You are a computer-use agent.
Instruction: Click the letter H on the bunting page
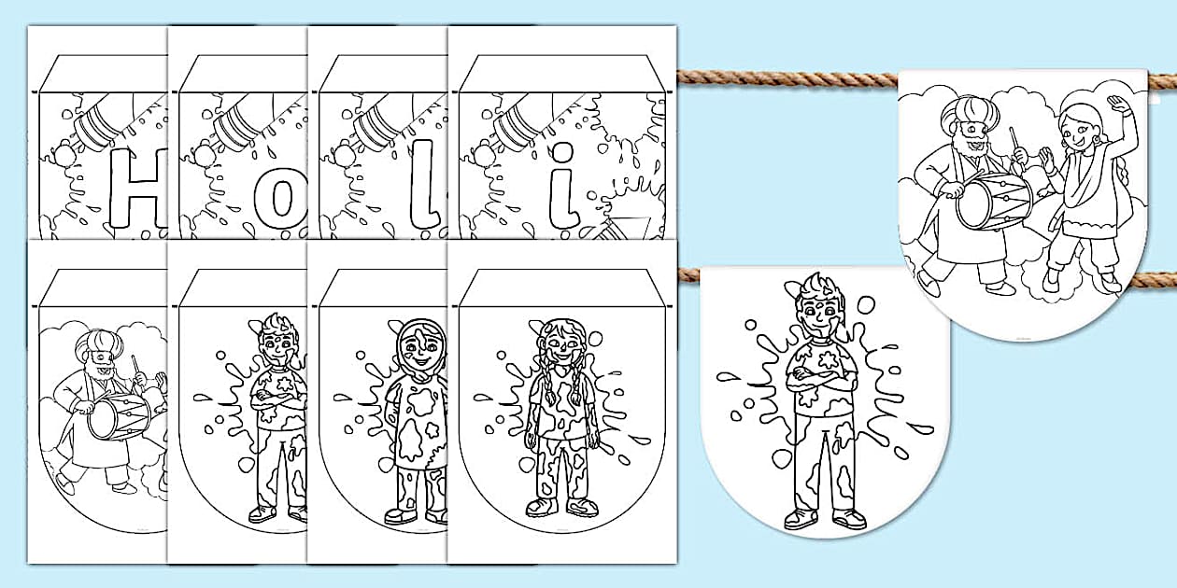(x=138, y=189)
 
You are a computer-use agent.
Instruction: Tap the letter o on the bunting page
(x=280, y=198)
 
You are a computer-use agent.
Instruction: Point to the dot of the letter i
(x=562, y=152)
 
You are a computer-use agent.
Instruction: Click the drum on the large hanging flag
(x=993, y=203)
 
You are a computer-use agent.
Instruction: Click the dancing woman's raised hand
(x=1117, y=105)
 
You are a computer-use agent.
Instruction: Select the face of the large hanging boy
(x=816, y=317)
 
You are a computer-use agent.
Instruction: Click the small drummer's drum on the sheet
(x=119, y=417)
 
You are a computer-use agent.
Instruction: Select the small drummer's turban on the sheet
(x=99, y=342)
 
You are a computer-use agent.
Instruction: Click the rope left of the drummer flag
(x=787, y=78)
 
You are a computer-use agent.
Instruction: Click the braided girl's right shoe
(x=540, y=507)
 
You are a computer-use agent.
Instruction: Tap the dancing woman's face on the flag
(x=1072, y=133)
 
